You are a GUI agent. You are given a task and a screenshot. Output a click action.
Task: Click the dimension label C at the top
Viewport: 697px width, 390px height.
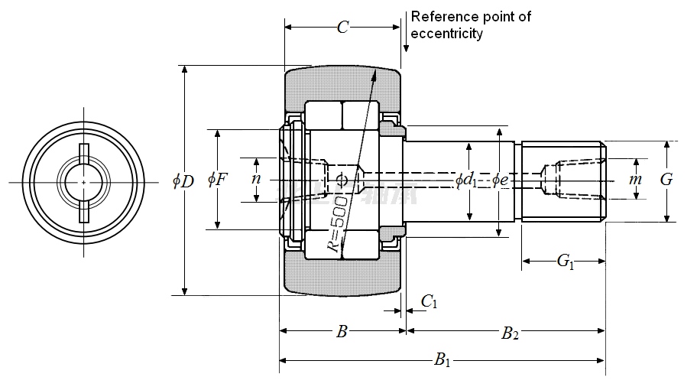pyautogui.click(x=343, y=28)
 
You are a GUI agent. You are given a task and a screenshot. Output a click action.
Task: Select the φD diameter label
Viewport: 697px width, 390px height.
pyautogui.click(x=183, y=181)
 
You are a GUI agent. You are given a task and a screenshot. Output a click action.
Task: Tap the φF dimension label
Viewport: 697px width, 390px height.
pyautogui.click(x=218, y=180)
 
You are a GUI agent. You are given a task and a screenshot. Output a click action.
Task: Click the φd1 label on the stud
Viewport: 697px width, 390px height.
pyautogui.click(x=465, y=180)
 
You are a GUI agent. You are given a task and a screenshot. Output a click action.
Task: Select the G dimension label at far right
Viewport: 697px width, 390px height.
pyautogui.click(x=666, y=180)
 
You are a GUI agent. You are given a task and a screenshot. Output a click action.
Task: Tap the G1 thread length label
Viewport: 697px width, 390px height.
pyautogui.click(x=566, y=262)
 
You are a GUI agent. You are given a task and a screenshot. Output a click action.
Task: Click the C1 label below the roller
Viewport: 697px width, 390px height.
pyautogui.click(x=430, y=302)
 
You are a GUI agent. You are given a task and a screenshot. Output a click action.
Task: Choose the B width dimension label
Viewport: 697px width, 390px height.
pyautogui.click(x=342, y=332)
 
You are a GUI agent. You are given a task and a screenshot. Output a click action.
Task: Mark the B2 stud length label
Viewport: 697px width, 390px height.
pyautogui.click(x=510, y=333)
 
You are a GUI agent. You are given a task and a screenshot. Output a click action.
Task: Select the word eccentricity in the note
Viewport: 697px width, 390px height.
pyautogui.click(x=447, y=34)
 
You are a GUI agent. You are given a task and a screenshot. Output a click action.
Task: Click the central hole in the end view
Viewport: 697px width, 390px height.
pyautogui.click(x=83, y=182)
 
